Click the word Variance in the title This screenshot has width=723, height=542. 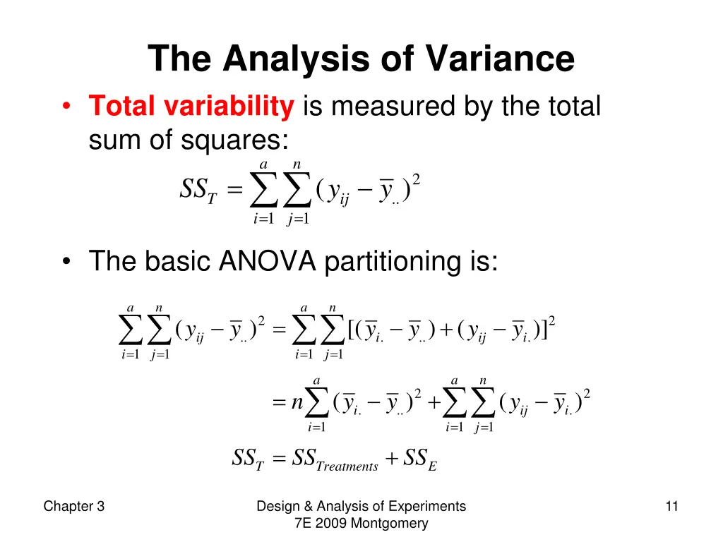pyautogui.click(x=500, y=59)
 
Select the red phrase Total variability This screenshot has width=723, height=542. pyautogui.click(x=191, y=107)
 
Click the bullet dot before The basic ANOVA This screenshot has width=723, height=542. pyautogui.click(x=66, y=262)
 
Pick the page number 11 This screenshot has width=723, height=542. pyautogui.click(x=671, y=506)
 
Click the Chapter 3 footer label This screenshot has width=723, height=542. pyautogui.click(x=74, y=506)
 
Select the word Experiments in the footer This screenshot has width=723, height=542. pyautogui.click(x=431, y=506)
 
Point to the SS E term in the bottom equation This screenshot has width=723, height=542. pyautogui.click(x=420, y=460)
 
